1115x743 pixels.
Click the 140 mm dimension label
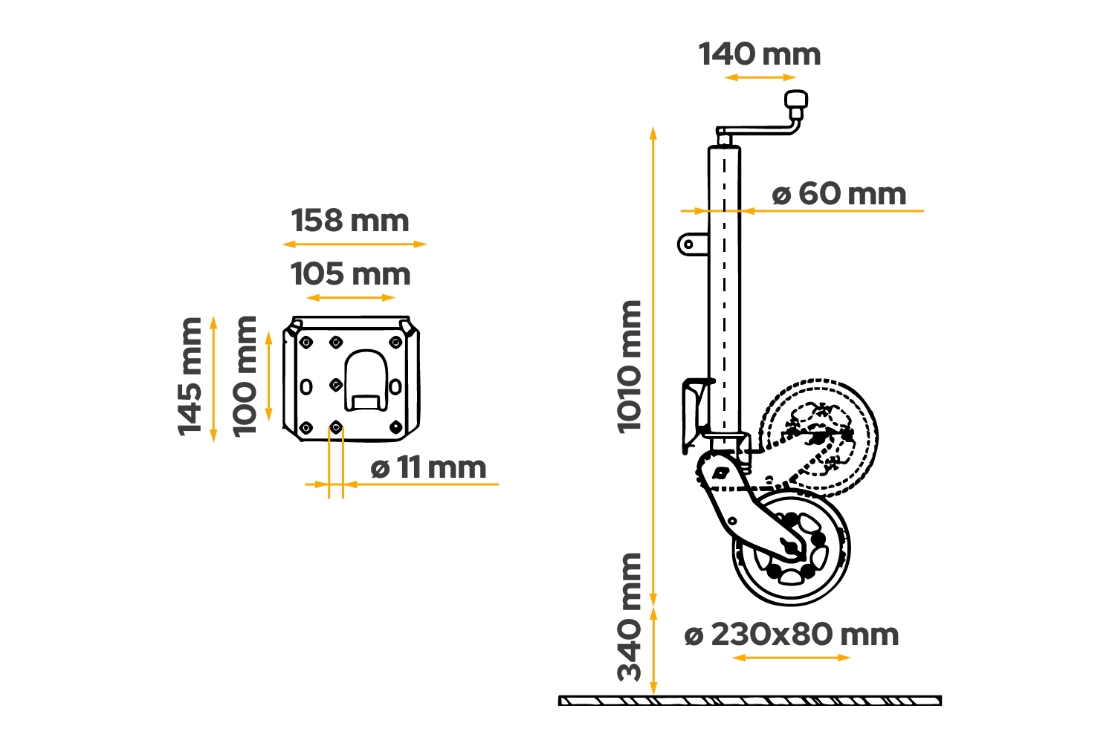(x=759, y=55)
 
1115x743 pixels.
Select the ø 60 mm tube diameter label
(x=838, y=195)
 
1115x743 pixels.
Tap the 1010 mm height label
(x=630, y=366)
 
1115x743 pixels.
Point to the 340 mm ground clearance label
(x=630, y=617)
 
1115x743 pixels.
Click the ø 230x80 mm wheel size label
(x=791, y=635)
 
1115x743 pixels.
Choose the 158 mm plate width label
(x=349, y=221)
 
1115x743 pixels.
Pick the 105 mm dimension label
(x=350, y=275)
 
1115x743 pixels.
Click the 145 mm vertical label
(x=190, y=376)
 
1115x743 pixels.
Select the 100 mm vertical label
(x=245, y=376)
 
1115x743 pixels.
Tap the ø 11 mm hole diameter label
(x=428, y=468)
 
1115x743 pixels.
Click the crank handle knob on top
(x=797, y=100)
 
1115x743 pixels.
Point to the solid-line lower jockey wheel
(x=791, y=550)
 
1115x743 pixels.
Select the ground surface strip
(x=749, y=700)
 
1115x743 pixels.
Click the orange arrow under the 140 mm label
(x=760, y=77)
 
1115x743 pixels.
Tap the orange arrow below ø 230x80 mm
(x=791, y=658)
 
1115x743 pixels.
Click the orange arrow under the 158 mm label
(x=355, y=244)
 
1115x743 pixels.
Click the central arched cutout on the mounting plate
(x=364, y=379)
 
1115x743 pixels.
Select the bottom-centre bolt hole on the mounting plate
(x=336, y=427)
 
